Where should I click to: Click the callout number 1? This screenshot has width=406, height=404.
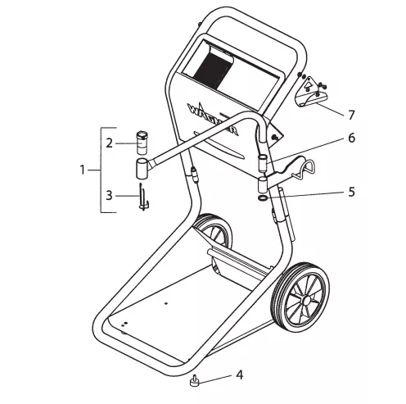(x=83, y=170)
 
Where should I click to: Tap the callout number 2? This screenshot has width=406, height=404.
(x=109, y=143)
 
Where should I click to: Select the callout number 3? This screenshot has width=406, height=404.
(x=109, y=196)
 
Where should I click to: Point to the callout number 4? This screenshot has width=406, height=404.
(x=239, y=374)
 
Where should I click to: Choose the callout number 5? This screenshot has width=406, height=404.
(x=351, y=192)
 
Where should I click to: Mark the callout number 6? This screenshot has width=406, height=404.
(x=352, y=138)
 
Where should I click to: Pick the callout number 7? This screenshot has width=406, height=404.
(x=351, y=115)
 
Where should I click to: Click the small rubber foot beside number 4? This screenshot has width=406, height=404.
(x=195, y=381)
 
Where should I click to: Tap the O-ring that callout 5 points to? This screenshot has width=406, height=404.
(x=263, y=198)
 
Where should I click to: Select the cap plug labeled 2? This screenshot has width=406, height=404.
(x=142, y=143)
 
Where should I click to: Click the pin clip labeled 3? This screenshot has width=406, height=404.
(x=143, y=197)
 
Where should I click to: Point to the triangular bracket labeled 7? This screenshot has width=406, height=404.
(x=310, y=92)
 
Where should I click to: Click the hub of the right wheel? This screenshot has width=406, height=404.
(x=306, y=301)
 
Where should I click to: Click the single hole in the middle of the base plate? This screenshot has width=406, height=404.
(x=166, y=303)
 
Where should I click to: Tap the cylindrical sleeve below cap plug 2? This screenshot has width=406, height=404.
(x=142, y=168)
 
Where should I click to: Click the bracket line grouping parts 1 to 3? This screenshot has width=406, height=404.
(x=101, y=170)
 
